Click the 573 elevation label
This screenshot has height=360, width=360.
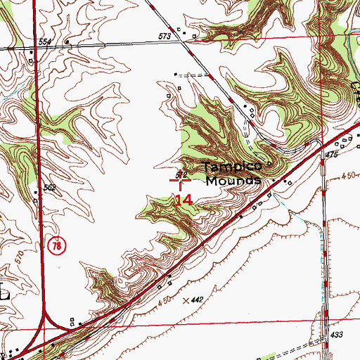[165, 36]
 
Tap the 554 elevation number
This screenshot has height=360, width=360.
[46, 43]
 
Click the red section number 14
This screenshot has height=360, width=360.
[183, 200]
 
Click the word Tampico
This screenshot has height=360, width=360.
[232, 167]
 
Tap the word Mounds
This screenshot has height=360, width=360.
[233, 179]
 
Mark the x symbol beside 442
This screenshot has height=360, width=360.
[186, 300]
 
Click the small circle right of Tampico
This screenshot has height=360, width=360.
[267, 166]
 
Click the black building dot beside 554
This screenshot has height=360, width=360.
[66, 41]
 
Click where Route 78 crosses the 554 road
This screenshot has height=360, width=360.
[39, 48]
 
